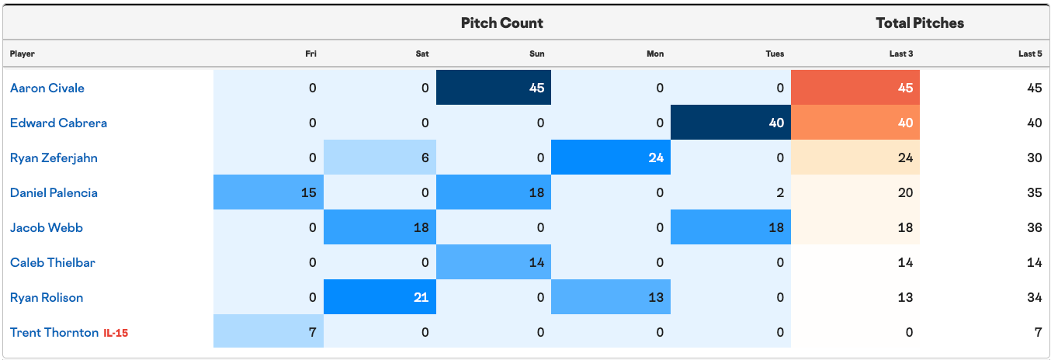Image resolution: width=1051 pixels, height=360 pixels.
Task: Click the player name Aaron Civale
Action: pos(47,88)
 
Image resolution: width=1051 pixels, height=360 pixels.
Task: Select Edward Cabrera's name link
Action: pos(58,123)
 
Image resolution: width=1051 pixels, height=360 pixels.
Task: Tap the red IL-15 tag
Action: pos(116,333)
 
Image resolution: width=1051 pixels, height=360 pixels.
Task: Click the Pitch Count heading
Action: pos(501,23)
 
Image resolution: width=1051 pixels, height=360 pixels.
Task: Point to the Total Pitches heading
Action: pos(920,23)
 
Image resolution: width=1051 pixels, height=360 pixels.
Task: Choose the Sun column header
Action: pos(537,54)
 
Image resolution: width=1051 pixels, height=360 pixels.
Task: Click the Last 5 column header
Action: pos(1030,54)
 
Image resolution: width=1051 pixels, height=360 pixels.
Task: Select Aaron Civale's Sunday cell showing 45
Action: pos(494,87)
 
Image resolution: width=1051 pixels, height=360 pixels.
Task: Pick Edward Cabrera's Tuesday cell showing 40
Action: pos(730,123)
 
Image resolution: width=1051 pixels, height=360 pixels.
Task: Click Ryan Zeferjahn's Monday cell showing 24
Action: pos(611,157)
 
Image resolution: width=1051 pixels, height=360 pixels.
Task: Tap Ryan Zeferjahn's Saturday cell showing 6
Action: pos(380,157)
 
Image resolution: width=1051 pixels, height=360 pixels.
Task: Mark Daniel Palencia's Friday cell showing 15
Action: pos(269,192)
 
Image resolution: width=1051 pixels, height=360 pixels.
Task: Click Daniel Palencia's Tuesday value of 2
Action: pos(780,192)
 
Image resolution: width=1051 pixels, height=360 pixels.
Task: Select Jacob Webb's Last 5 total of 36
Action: pos(1034,228)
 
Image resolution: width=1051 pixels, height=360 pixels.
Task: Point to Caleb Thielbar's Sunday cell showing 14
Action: pos(494,262)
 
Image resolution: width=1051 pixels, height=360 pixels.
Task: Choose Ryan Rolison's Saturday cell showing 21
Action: pos(380,296)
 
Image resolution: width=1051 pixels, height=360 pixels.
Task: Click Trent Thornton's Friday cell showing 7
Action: pos(269,331)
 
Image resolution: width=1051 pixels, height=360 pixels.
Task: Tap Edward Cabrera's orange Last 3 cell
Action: pos(855,123)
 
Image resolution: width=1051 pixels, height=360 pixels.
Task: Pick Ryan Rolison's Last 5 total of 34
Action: pos(1034,298)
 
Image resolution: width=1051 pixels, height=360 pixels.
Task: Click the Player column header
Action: pos(22,54)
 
